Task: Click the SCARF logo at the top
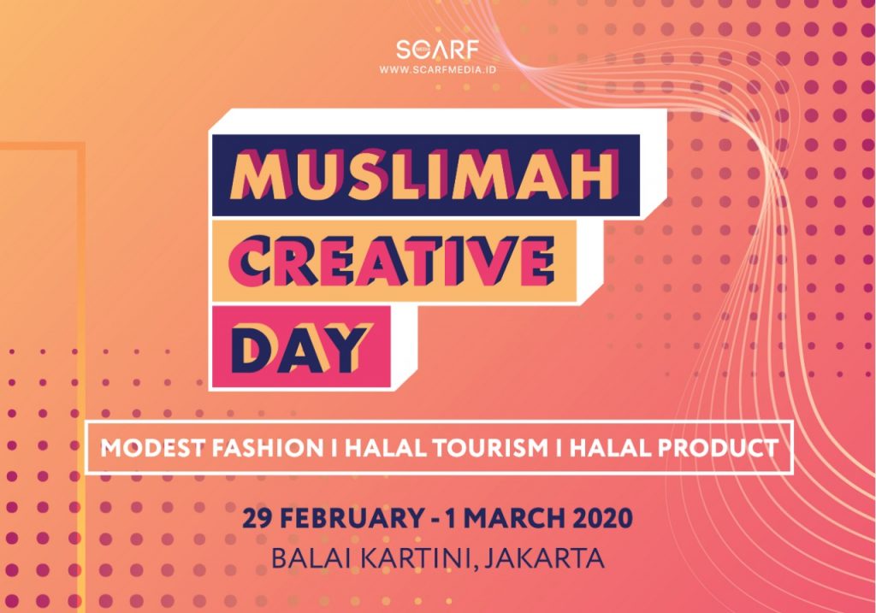pyautogui.click(x=437, y=49)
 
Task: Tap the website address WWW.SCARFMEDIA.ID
pyautogui.click(x=437, y=70)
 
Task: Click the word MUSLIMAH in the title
pyautogui.click(x=424, y=175)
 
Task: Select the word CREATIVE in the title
pyautogui.click(x=392, y=261)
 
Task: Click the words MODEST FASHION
pyautogui.click(x=212, y=448)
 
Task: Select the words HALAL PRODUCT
pyautogui.click(x=673, y=448)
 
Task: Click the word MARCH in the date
pyautogui.click(x=518, y=518)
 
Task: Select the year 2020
pyautogui.click(x=606, y=518)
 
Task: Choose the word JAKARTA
pyautogui.click(x=543, y=557)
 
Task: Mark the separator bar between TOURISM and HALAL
pyautogui.click(x=559, y=448)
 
